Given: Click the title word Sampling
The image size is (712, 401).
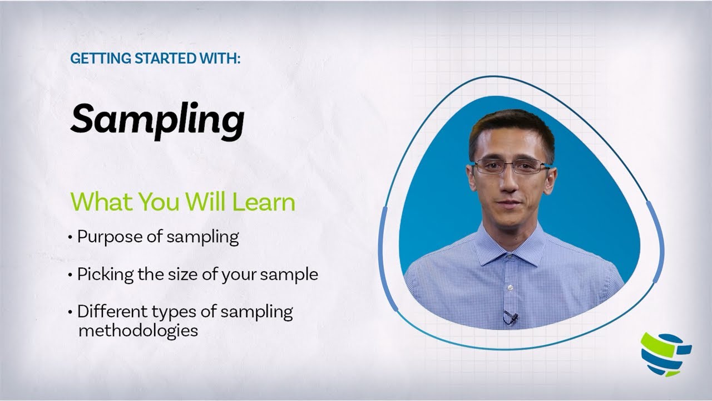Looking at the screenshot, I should [157, 119].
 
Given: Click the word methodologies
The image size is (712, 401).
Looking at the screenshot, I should [138, 330].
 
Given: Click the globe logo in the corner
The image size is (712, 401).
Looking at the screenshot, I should [665, 354].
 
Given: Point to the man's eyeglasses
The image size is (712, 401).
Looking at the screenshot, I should [510, 166].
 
